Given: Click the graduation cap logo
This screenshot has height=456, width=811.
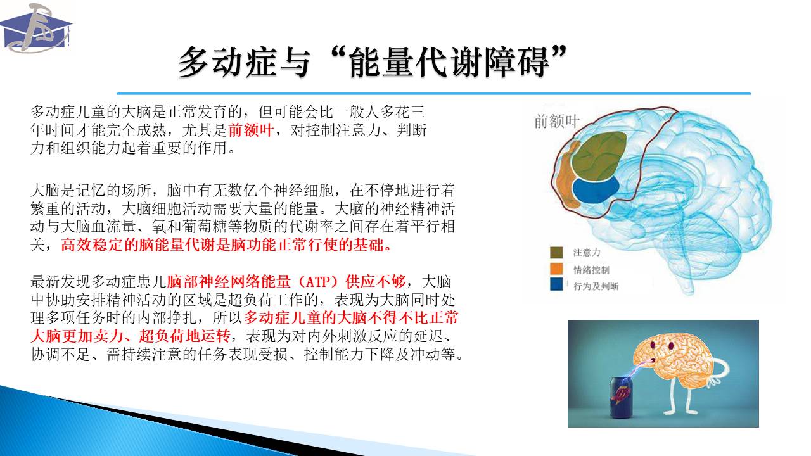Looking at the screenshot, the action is click(35, 28).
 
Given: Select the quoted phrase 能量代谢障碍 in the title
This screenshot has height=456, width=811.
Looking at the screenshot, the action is click(449, 62).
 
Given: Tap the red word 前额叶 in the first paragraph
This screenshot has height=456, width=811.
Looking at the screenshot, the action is click(250, 130).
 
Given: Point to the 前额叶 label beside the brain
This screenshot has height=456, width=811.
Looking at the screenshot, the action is click(556, 121).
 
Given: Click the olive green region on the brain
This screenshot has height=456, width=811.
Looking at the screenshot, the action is click(599, 156).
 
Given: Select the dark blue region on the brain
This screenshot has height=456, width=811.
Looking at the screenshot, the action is click(596, 189).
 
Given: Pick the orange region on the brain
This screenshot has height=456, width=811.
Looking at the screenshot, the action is click(565, 177).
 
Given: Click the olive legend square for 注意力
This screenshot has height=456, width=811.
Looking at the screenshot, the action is click(556, 252).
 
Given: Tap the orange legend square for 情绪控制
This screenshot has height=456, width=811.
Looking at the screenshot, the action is click(556, 269).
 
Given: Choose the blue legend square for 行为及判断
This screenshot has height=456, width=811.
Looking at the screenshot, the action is click(556, 284).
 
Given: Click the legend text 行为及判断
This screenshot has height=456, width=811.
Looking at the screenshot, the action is click(596, 286).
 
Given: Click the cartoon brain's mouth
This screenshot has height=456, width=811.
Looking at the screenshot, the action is click(652, 360).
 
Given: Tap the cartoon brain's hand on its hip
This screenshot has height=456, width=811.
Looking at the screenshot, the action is click(715, 380).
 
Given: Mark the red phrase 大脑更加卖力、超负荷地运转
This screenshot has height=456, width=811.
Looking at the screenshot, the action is click(131, 336).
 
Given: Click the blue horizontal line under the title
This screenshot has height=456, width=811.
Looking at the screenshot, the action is click(434, 94).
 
